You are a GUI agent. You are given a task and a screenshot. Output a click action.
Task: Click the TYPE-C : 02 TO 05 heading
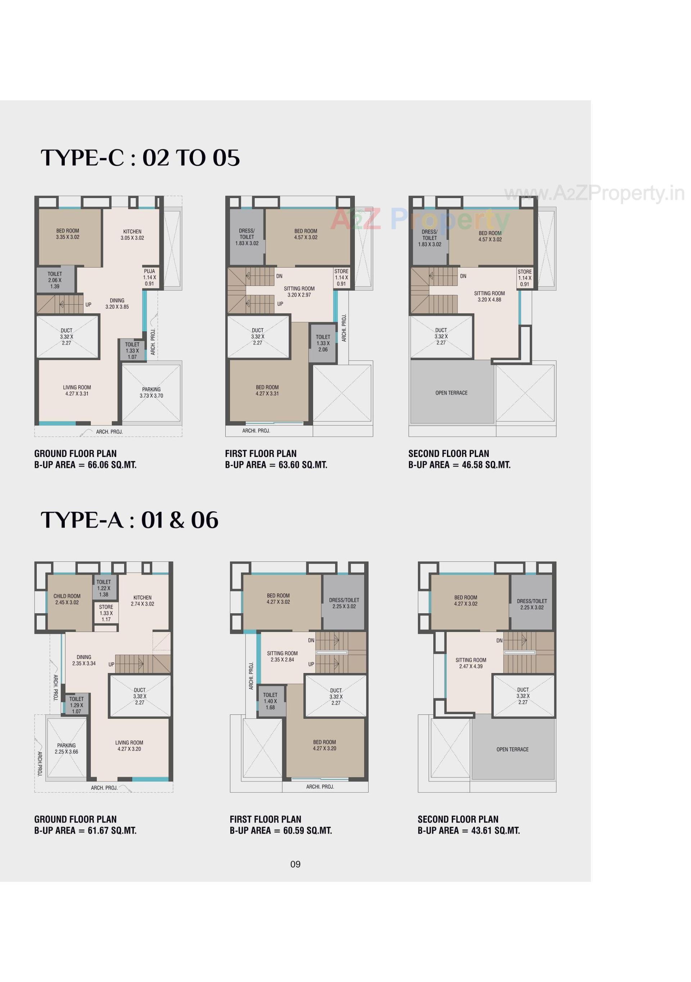(140, 158)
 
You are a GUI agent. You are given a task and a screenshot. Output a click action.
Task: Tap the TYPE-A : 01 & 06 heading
(130, 520)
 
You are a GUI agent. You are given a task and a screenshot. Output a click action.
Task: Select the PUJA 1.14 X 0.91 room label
(150, 277)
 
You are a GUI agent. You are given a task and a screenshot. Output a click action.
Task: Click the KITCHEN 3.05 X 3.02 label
(132, 235)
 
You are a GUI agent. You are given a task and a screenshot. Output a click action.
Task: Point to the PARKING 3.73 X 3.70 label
(151, 392)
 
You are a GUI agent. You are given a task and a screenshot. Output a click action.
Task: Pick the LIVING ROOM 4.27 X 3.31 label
(77, 390)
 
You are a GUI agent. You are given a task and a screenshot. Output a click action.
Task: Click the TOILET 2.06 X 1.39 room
(55, 280)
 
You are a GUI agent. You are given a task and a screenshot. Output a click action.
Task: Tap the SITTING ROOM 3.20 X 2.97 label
(299, 292)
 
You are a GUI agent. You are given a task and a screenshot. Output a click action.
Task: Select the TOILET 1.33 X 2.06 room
(323, 343)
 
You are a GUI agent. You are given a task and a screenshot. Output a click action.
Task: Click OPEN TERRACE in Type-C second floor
(451, 393)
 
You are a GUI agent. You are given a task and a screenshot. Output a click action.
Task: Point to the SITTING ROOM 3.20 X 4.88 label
(489, 296)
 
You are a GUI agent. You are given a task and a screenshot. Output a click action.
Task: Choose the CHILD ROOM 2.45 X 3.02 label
(67, 599)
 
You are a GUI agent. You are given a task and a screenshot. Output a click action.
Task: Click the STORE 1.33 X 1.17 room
(106, 613)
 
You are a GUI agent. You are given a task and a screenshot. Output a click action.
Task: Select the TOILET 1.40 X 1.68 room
(270, 701)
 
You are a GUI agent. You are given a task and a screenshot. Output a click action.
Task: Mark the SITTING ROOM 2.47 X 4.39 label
(471, 663)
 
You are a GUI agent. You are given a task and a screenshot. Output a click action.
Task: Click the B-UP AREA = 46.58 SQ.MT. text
(459, 465)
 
